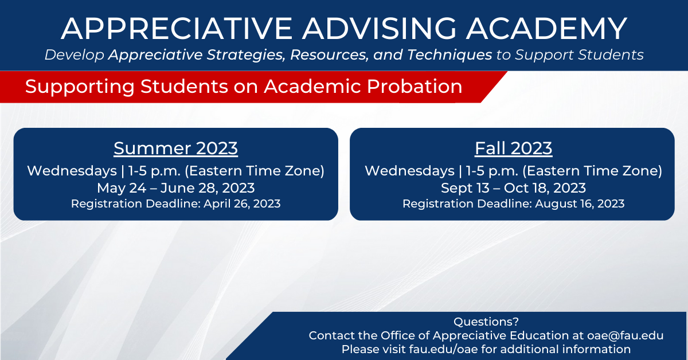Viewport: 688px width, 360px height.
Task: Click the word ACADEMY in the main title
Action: (547, 29)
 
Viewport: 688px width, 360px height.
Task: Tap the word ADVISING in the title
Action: (380, 29)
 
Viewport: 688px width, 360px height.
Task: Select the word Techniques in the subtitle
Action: (449, 55)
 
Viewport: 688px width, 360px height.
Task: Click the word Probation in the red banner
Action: (415, 87)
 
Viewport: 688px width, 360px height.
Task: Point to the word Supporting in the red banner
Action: (80, 87)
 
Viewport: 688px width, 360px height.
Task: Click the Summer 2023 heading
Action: (175, 148)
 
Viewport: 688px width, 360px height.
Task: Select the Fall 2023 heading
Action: (514, 148)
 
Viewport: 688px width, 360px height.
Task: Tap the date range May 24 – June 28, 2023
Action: (175, 188)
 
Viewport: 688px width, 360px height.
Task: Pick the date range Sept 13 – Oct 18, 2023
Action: (513, 188)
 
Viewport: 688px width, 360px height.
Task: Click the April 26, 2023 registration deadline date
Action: (242, 204)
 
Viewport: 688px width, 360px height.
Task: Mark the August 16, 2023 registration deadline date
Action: (580, 204)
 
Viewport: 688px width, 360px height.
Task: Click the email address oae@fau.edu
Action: (626, 335)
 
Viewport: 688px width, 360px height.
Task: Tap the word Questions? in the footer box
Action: (486, 322)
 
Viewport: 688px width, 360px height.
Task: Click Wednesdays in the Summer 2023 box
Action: (72, 171)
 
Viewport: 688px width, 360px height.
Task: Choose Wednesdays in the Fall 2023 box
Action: (409, 171)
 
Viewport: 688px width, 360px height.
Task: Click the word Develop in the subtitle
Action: (75, 55)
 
